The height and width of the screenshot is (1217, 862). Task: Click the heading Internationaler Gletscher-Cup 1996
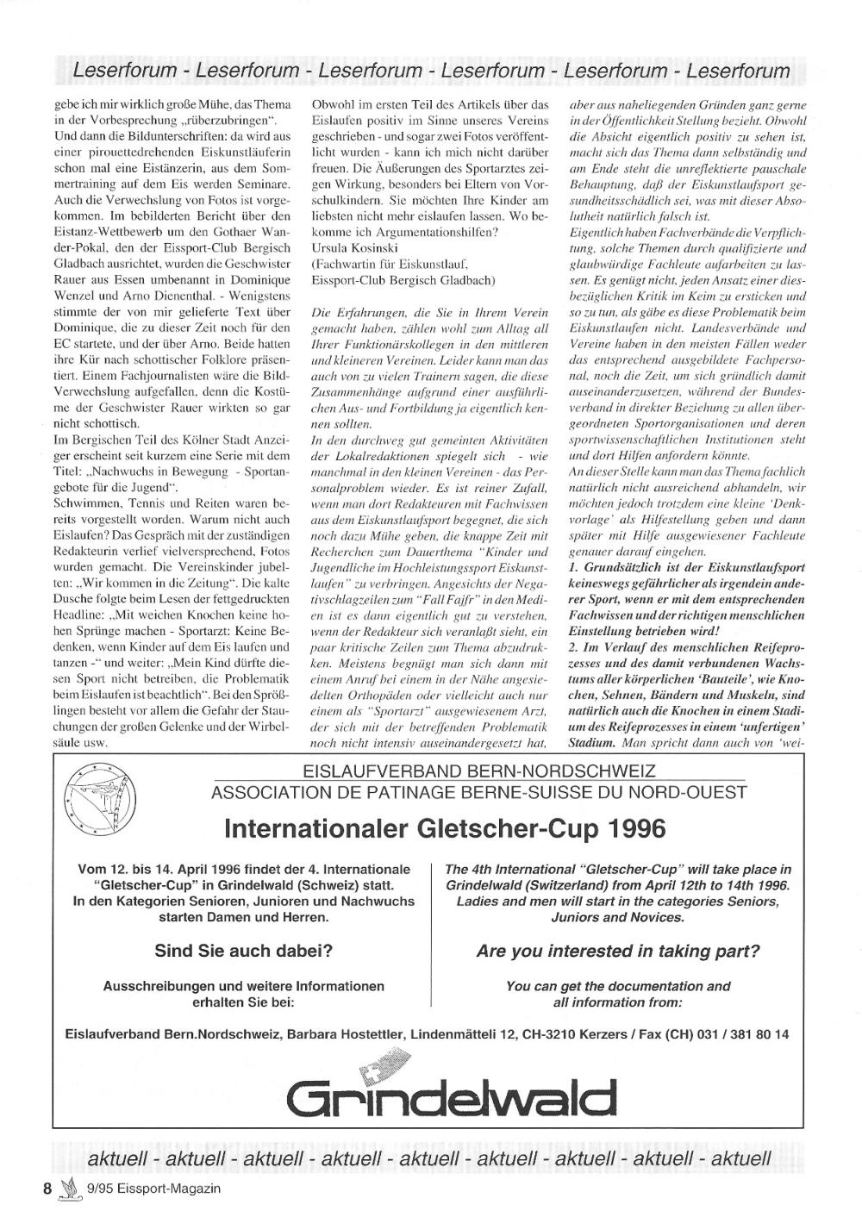pos(444,829)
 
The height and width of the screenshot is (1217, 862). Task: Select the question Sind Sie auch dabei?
pos(244,952)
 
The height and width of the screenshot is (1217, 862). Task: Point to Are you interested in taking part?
pos(618,952)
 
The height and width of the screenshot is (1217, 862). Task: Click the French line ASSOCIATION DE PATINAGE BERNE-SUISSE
pos(478,792)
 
